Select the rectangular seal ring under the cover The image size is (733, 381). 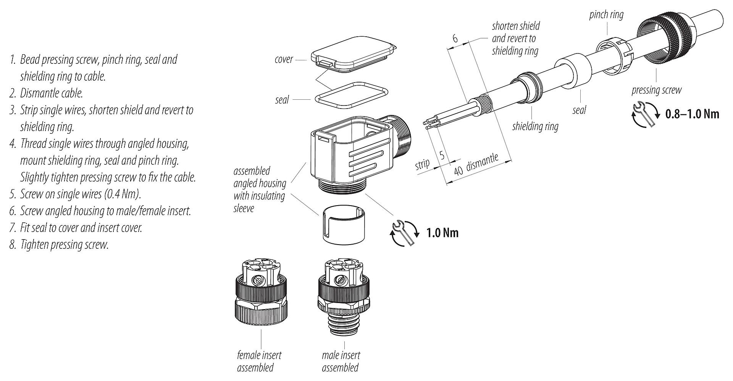(351, 93)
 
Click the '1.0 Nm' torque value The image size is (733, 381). (442, 233)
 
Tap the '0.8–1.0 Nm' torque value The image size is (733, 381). (692, 114)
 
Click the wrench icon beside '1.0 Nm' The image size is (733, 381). (405, 233)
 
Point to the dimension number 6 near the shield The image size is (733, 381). (455, 38)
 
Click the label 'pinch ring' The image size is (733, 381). (606, 15)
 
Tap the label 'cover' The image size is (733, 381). (284, 60)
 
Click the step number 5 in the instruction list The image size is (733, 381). (13, 195)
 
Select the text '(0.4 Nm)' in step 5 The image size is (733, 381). (122, 195)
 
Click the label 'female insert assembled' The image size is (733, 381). (259, 361)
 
